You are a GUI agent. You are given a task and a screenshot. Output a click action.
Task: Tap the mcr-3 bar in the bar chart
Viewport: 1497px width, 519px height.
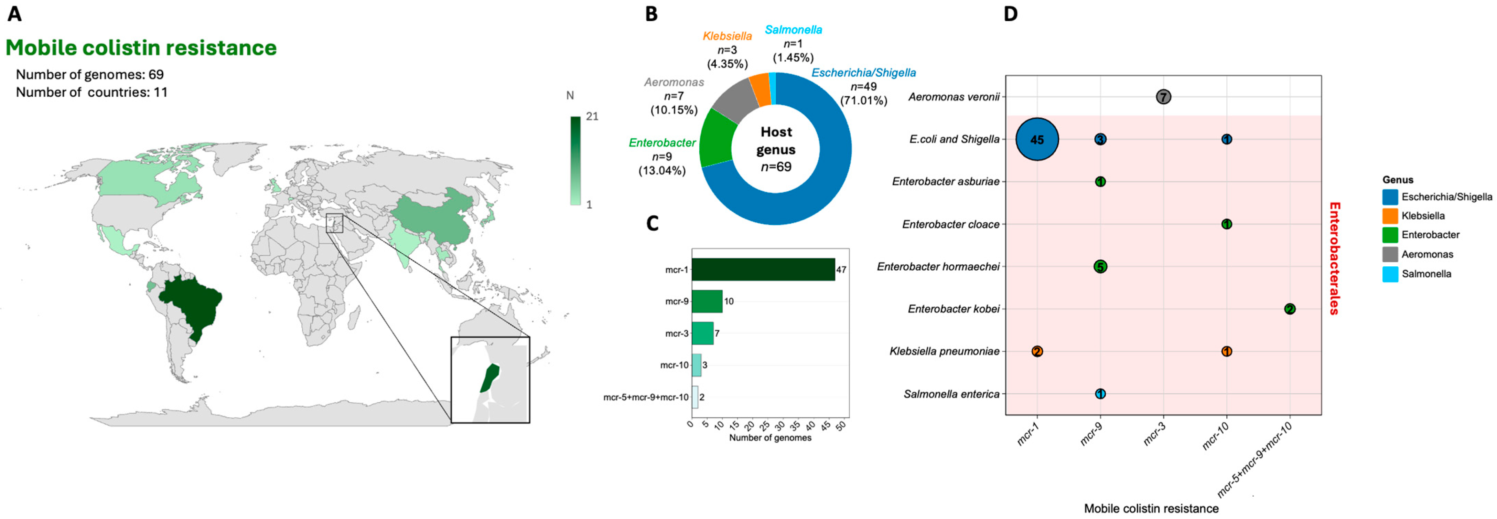click(x=702, y=333)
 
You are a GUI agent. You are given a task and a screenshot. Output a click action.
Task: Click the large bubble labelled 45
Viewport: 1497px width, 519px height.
click(x=1037, y=139)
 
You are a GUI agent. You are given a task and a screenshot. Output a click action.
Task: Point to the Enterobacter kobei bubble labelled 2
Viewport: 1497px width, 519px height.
click(x=1290, y=309)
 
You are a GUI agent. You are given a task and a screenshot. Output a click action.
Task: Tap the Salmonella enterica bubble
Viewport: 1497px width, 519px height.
click(x=1100, y=394)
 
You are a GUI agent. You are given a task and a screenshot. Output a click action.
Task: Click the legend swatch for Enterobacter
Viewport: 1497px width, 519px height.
click(x=1390, y=235)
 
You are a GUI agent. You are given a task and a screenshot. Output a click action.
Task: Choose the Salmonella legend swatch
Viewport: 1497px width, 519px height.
click(x=1390, y=274)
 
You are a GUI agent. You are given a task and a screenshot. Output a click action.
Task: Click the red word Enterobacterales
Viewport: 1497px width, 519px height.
click(x=1335, y=258)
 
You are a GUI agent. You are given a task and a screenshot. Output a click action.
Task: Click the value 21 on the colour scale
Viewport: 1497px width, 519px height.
click(x=592, y=116)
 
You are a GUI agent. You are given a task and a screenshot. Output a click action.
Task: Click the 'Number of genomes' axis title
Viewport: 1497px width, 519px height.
click(x=770, y=438)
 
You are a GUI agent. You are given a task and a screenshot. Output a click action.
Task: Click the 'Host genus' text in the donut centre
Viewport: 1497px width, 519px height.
click(x=776, y=141)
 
